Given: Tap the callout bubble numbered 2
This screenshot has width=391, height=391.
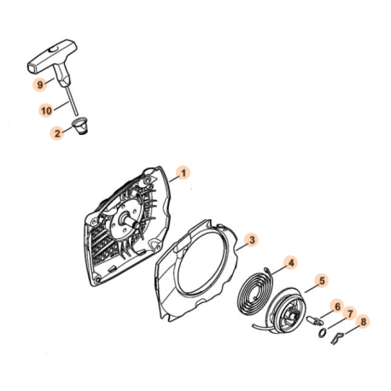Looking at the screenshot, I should pos(58,132).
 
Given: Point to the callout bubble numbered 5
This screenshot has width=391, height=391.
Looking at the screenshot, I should pos(321,279).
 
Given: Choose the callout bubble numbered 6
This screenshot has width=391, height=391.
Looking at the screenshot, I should pos(337,306).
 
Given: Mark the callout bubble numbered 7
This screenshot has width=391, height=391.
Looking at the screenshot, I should pos(350,314).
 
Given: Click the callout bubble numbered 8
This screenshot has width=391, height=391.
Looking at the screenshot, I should pos(365,323).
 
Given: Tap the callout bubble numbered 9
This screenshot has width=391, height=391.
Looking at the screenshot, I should pos(40,85).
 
